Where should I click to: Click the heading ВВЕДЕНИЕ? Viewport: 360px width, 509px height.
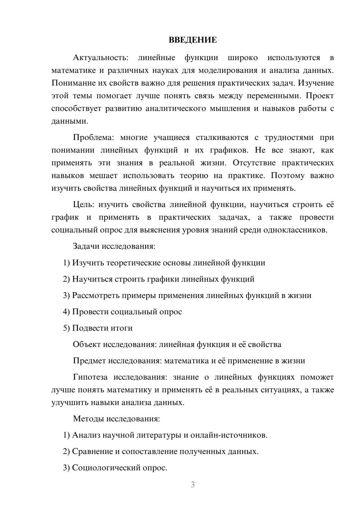click(x=193, y=40)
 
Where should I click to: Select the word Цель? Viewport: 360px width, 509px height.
click(x=83, y=205)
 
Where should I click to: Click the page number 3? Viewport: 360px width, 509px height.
click(x=193, y=485)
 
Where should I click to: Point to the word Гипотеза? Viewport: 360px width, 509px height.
click(x=90, y=377)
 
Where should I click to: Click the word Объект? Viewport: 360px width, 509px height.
click(x=87, y=344)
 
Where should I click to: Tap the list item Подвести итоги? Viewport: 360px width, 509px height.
click(x=102, y=328)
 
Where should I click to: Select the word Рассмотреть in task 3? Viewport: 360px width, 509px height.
click(x=96, y=296)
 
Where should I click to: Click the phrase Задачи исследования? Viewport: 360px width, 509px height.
click(x=114, y=247)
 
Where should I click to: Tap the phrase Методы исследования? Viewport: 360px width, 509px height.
click(x=116, y=419)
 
